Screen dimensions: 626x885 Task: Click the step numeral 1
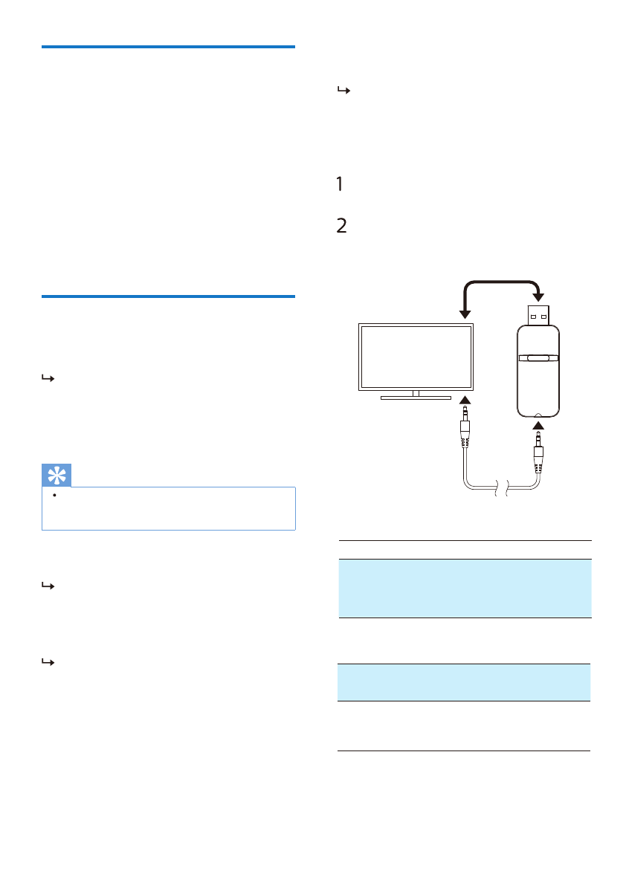(x=339, y=184)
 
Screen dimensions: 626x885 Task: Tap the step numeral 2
(x=341, y=226)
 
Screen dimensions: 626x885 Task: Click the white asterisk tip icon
(x=57, y=476)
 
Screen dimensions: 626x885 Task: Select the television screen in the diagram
(x=416, y=357)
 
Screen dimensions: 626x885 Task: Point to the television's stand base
(x=416, y=398)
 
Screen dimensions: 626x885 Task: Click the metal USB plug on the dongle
(x=538, y=315)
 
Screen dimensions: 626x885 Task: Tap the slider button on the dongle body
(x=538, y=358)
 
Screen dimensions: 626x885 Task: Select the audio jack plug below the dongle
(x=538, y=452)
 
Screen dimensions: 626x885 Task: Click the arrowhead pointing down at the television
(x=465, y=314)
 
